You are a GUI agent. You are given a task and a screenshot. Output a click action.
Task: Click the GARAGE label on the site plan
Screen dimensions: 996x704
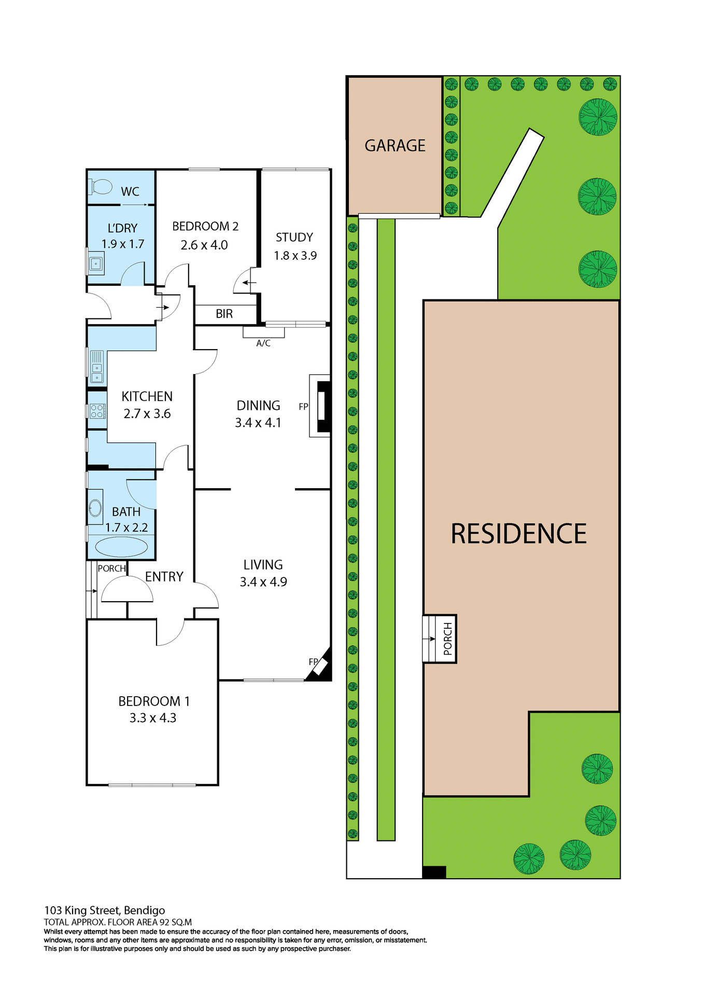395,145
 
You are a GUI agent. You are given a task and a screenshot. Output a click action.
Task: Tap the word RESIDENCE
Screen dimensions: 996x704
518,534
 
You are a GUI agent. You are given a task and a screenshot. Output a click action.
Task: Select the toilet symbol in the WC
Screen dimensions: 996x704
101,186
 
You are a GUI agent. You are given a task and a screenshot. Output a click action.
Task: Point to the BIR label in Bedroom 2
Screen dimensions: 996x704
224,314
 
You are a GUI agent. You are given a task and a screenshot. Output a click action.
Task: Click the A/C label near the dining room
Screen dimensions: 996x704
263,343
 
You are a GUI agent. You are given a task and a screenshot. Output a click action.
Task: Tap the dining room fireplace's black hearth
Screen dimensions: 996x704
323,406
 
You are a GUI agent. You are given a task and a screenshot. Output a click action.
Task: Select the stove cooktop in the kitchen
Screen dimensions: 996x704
97,411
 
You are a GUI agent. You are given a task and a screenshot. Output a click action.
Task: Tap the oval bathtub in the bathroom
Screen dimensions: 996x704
121,547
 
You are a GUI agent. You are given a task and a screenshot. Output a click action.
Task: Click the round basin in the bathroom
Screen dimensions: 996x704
95,508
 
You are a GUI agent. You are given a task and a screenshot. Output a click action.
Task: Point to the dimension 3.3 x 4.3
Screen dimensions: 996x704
153,718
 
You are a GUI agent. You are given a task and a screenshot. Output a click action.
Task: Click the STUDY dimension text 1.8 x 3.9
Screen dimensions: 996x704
295,256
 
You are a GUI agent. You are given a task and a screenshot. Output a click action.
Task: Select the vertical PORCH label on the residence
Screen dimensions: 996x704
448,639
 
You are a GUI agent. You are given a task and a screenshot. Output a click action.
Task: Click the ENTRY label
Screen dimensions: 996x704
164,577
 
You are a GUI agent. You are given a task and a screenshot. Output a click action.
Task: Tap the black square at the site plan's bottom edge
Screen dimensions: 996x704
434,872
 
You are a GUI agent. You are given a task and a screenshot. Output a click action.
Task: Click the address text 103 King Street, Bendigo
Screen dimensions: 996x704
105,910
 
